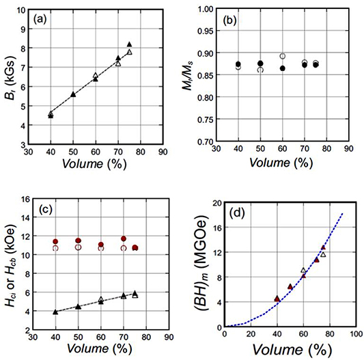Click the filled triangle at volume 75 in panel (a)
coord(129,44)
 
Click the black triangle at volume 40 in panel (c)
coord(55,311)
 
